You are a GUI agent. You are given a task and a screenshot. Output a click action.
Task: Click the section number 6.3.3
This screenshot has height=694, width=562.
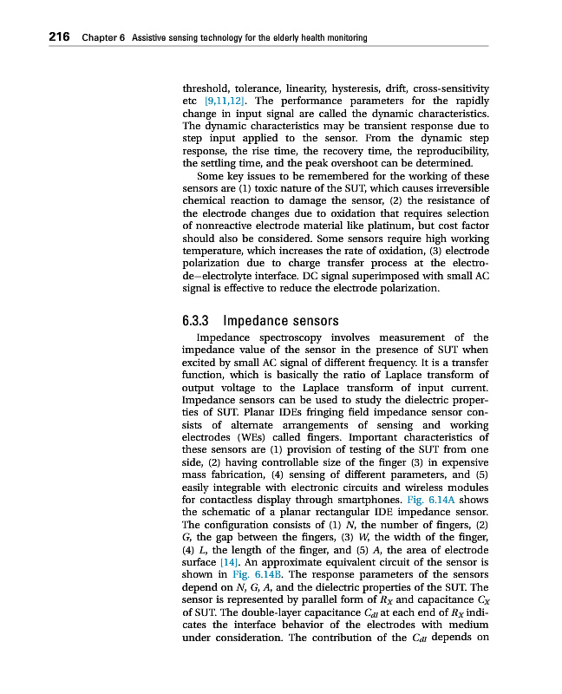[x=199, y=321]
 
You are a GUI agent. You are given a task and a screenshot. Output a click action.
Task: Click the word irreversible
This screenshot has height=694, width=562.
[x=454, y=188]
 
